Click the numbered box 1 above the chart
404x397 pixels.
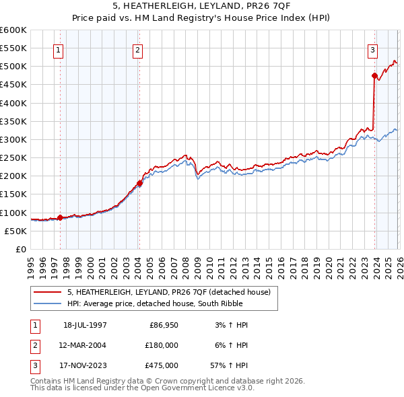58,49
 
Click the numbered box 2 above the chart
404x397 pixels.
137,49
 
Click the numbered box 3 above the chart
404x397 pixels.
372,49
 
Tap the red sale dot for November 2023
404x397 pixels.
374,76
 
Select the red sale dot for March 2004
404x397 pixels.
139,183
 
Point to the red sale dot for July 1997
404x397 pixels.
60,217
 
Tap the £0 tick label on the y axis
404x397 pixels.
20,249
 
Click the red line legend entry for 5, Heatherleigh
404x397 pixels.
168,292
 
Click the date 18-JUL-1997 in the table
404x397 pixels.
85,325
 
